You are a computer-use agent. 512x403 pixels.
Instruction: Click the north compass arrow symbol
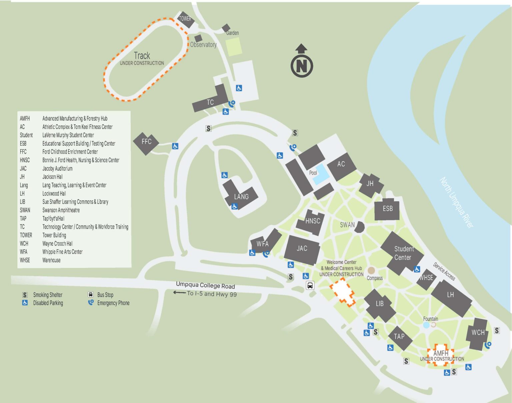coord(302,61)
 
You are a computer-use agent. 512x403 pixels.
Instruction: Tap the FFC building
coord(146,142)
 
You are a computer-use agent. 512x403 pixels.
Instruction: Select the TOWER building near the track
coord(185,19)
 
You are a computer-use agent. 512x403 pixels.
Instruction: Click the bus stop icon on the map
coord(310,286)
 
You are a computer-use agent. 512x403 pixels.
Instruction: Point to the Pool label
coord(313,173)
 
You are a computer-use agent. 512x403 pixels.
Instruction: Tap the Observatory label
coord(203,45)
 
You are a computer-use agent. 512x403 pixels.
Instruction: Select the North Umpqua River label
coord(456,203)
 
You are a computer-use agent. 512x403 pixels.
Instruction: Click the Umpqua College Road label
coord(205,285)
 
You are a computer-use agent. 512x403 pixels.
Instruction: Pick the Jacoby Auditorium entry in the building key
coord(57,168)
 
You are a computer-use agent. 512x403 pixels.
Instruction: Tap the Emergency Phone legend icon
coord(91,303)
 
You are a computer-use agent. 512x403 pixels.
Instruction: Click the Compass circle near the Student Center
coord(371,270)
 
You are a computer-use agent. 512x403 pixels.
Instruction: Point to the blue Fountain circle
coord(426,325)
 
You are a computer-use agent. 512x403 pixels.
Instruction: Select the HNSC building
coord(312,222)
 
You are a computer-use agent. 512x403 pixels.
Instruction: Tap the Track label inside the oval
coord(142,55)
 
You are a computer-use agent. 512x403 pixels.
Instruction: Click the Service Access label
coord(444,271)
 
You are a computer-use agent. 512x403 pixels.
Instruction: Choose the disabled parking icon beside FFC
coord(175,146)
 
